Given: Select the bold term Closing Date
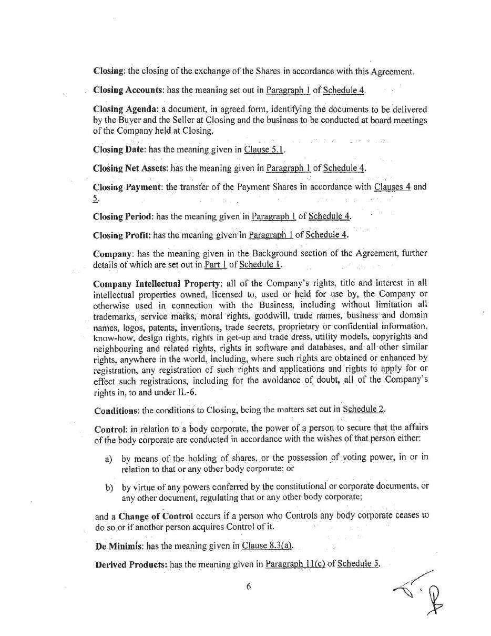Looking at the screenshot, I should tap(119, 150).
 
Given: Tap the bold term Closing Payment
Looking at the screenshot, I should tap(127, 187).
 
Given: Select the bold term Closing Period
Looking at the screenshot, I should tap(123, 216).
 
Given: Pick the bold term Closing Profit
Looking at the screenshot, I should tap(121, 235).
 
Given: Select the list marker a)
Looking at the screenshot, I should tap(109, 459).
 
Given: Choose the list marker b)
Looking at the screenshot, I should tap(109, 488).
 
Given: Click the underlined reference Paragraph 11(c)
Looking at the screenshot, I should tap(295, 564).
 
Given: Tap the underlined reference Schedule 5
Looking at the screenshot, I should tap(358, 564).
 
